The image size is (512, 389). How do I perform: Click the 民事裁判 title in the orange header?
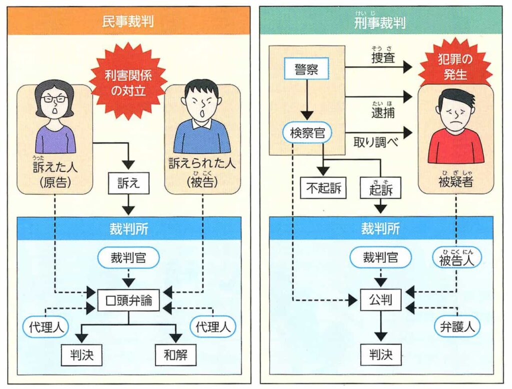128,21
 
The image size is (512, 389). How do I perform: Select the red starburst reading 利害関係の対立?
128,81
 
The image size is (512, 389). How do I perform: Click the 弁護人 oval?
457,326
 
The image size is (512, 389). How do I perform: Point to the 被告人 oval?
457,259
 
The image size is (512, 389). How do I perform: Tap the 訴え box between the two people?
128,184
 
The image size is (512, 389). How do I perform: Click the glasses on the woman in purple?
54,98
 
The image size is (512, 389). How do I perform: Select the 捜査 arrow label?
383,57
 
